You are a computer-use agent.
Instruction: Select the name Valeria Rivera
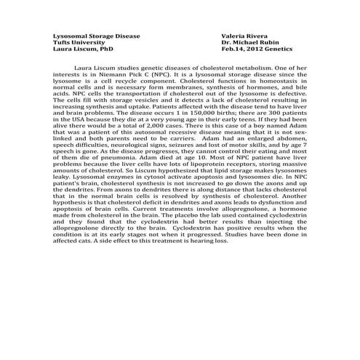click(x=245, y=36)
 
